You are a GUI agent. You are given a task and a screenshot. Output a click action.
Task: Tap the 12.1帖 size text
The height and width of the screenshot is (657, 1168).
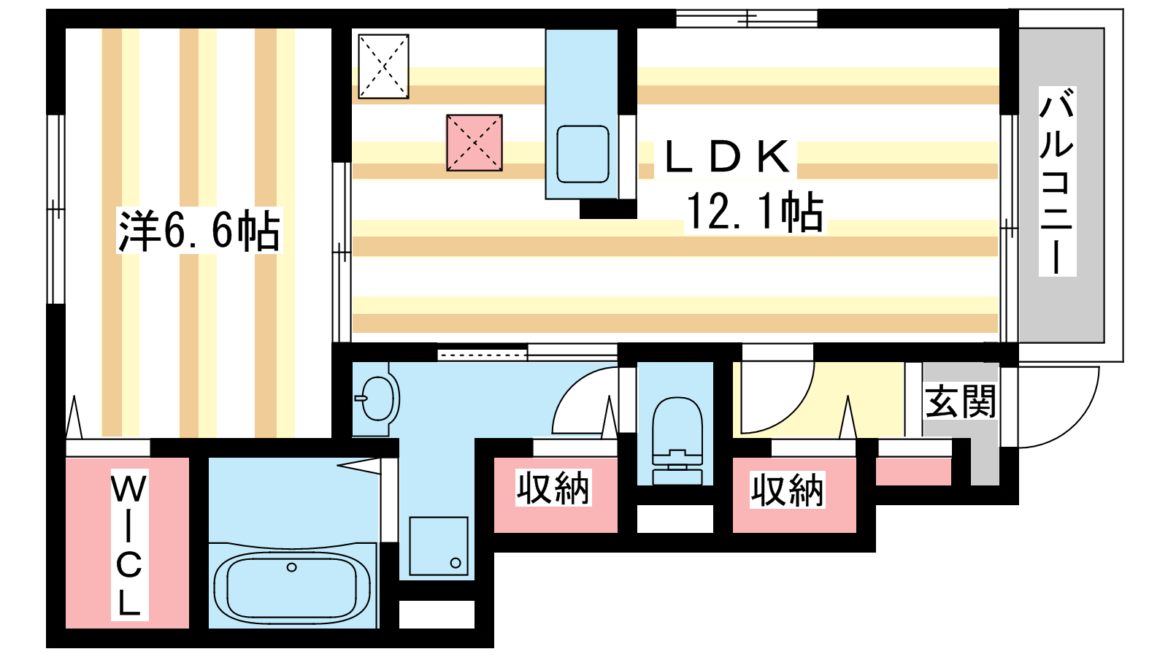coord(755,211)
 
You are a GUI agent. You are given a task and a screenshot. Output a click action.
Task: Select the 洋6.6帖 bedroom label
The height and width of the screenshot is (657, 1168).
coord(199,231)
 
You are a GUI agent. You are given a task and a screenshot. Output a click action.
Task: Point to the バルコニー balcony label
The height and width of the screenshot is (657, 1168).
coord(1057,181)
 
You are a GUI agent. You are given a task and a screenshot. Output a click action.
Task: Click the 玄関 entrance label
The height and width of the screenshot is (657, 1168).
coord(961,401)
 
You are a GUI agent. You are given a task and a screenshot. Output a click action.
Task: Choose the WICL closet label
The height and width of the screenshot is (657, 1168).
coord(129,545)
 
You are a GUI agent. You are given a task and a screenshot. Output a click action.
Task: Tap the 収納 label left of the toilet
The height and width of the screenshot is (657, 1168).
coord(553,488)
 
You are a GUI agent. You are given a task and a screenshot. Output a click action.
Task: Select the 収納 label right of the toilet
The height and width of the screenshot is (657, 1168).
coord(788,490)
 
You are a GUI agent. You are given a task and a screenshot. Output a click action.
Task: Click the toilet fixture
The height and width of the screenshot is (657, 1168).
coord(676,441)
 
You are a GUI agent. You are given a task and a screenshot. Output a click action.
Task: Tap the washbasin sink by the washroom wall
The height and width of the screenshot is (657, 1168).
coord(377,399)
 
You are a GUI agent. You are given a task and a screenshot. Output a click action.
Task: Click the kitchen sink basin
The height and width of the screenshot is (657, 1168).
coord(583,154)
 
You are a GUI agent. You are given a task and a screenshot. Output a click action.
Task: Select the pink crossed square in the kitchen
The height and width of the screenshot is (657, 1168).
coord(474,143)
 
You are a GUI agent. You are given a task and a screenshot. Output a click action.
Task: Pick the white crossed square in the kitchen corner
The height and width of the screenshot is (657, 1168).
coord(383,66)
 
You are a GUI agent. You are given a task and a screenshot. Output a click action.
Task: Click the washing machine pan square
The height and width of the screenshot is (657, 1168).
coord(439,546)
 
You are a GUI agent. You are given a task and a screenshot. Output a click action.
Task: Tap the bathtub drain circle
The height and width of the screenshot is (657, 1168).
coord(291,566)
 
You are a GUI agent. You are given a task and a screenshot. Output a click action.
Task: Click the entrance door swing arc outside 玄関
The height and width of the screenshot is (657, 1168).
coord(1076,423)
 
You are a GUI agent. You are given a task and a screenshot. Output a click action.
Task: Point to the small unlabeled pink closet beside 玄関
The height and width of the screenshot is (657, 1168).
coord(913,472)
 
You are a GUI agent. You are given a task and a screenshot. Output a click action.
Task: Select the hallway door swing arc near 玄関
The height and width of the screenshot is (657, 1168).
coord(792,409)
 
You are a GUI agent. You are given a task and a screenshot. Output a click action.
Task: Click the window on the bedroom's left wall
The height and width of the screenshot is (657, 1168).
coord(55,209)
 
